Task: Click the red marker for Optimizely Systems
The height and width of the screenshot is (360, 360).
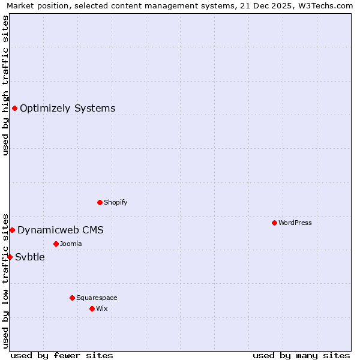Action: pos(14,108)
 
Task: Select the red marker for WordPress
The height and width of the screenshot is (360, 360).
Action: pos(274,223)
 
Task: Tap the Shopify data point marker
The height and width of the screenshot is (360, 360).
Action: pos(100,202)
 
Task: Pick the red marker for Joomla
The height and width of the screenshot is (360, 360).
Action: pos(56,244)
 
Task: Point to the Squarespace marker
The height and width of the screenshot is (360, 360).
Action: pos(72,298)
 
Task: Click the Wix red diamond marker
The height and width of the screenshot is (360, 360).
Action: pos(92,308)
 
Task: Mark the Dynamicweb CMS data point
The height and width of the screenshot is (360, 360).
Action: pos(12,230)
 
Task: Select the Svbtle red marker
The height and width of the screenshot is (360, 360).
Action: pos(10,257)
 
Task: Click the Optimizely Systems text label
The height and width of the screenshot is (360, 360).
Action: pos(67,109)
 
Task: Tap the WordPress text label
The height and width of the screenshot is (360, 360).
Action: pos(295,223)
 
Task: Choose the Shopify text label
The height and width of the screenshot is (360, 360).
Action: pos(115,202)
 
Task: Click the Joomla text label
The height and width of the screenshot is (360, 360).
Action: pos(71,244)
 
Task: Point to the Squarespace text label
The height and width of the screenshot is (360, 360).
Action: pos(97,298)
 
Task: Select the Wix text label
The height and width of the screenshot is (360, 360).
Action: pos(102,308)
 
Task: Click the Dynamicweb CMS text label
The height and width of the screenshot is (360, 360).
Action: pos(60,230)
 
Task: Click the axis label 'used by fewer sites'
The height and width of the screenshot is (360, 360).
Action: pos(62,355)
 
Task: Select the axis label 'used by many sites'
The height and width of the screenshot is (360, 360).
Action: pos(301,355)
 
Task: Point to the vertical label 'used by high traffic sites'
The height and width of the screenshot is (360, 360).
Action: pos(6,85)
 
